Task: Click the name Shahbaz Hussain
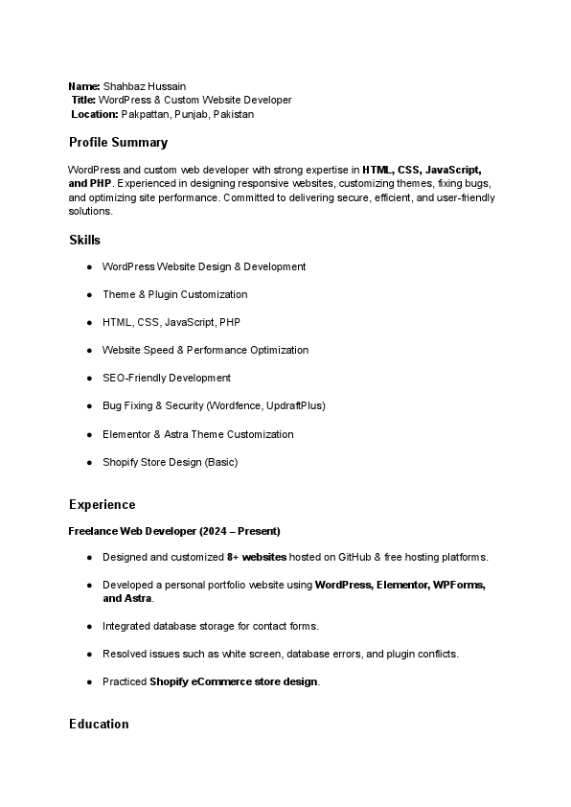(x=145, y=86)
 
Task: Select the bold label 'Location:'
(x=95, y=114)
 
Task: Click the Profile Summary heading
(x=118, y=143)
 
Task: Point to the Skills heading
(x=84, y=240)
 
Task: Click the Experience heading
(x=102, y=505)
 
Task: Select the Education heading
(x=99, y=724)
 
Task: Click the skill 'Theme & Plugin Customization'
(x=174, y=294)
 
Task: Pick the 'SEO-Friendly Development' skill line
(x=167, y=378)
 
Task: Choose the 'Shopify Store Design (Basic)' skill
(x=170, y=462)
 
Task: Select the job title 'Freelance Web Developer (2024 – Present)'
(x=174, y=531)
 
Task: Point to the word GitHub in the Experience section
(x=351, y=557)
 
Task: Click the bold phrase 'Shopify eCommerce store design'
(x=234, y=681)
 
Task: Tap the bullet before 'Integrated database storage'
(x=89, y=626)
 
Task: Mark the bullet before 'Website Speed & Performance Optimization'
(x=89, y=350)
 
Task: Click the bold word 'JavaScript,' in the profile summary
(x=453, y=170)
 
